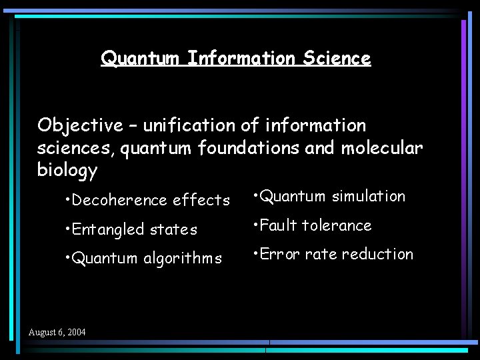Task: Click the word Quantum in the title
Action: click(x=140, y=59)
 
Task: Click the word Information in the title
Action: click(x=242, y=59)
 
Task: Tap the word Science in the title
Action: click(x=337, y=59)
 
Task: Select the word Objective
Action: click(x=80, y=125)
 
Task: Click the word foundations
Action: click(x=249, y=148)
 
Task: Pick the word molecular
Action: click(x=382, y=148)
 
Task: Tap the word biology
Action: click(x=67, y=171)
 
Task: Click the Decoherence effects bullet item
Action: click(x=148, y=200)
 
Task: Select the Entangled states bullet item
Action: click(x=132, y=229)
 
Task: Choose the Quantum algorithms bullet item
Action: click(x=144, y=258)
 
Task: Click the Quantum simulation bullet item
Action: click(x=329, y=196)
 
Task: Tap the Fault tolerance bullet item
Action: click(x=312, y=225)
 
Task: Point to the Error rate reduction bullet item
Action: click(x=333, y=254)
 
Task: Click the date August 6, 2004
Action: click(x=57, y=332)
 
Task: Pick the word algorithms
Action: click(x=182, y=258)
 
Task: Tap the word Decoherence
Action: click(x=119, y=200)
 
